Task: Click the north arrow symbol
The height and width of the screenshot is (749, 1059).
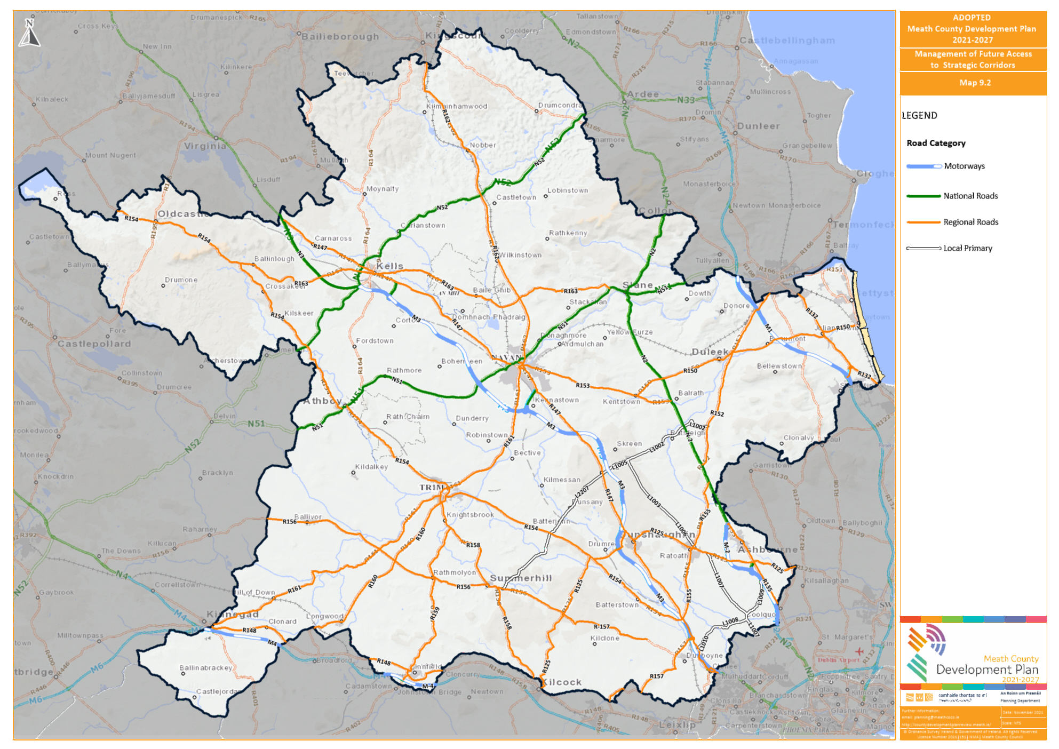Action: click(29, 33)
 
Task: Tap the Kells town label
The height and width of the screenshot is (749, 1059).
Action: click(390, 266)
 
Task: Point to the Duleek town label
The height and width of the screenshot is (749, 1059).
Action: click(710, 352)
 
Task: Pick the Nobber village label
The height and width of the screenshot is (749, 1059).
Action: click(483, 145)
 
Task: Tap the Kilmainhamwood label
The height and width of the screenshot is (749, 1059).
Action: click(457, 106)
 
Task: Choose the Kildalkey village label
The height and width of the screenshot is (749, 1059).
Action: click(371, 467)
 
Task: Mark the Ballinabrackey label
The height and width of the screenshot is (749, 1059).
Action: click(206, 668)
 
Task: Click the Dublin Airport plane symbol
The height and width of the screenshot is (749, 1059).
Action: click(859, 651)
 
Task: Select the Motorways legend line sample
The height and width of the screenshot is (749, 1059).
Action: click(923, 166)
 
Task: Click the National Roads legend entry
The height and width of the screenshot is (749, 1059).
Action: click(970, 196)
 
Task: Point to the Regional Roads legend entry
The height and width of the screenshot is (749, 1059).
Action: click(970, 222)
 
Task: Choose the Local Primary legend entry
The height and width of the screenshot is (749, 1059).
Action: click(967, 248)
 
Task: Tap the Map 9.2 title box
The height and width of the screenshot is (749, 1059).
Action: click(974, 83)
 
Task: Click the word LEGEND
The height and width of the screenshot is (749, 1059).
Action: click(919, 116)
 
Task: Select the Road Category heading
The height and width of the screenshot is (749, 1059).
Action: click(936, 143)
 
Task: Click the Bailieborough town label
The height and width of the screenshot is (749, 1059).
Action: click(340, 37)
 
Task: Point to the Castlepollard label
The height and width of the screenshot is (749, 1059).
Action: click(94, 344)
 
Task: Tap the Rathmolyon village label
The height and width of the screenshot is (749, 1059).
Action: click(454, 572)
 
